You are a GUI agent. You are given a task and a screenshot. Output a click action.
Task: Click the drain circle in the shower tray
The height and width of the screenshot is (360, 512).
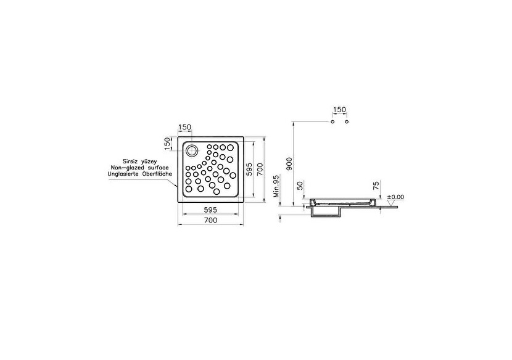click(x=192, y=150)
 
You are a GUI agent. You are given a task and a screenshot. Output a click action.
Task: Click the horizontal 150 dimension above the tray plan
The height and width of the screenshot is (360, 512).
click(x=184, y=128)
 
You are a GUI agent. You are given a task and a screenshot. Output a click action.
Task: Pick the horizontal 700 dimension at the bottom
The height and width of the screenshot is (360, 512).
click(x=211, y=220)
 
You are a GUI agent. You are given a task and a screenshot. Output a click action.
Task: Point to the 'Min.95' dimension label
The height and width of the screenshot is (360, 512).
click(x=276, y=186)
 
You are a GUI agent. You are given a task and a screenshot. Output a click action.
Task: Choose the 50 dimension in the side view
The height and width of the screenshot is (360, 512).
click(x=300, y=186)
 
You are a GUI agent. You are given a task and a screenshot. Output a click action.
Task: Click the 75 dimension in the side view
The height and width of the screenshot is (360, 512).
click(x=376, y=186)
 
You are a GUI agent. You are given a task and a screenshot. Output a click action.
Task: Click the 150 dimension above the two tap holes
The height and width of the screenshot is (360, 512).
click(x=339, y=110)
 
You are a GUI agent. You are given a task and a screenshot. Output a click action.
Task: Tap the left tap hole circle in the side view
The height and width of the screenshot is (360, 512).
click(x=332, y=122)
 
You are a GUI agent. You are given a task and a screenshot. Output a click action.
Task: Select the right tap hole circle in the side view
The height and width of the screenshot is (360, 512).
click(x=347, y=122)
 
